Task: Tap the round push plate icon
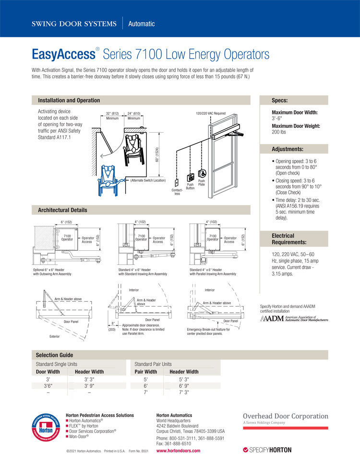click(x=202, y=173)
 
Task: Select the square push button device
click(x=191, y=178)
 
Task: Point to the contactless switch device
click(x=176, y=183)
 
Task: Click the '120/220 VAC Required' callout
click(x=211, y=113)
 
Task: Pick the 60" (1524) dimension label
click(x=157, y=155)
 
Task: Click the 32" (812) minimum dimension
click(x=112, y=113)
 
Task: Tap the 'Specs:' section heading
click(x=280, y=100)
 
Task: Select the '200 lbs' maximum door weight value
click(x=279, y=132)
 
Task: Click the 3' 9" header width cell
click(x=89, y=386)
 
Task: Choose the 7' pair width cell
click(x=146, y=393)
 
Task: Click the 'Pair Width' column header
click(x=146, y=372)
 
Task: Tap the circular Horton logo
click(x=46, y=428)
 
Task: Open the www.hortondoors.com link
click(x=178, y=451)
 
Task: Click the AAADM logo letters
click(x=272, y=319)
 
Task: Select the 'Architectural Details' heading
click(x=62, y=210)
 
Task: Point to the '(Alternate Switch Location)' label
click(x=148, y=181)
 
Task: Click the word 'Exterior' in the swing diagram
click(x=55, y=337)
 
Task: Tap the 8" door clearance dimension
click(x=113, y=323)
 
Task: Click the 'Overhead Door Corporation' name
click(x=286, y=416)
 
